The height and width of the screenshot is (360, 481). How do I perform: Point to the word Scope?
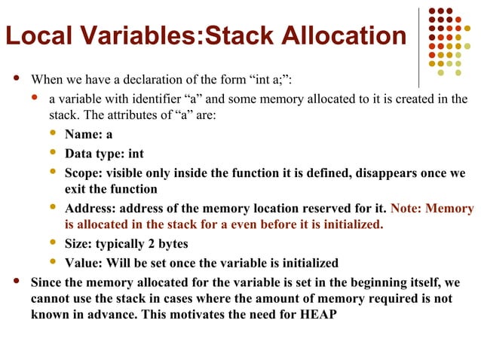tap(82, 172)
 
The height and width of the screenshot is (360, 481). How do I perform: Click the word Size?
tap(78, 245)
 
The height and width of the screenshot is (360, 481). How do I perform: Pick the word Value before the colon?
tap(81, 263)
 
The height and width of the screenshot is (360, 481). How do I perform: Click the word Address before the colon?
tap(89, 209)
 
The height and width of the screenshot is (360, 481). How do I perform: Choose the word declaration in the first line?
tap(151, 79)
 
